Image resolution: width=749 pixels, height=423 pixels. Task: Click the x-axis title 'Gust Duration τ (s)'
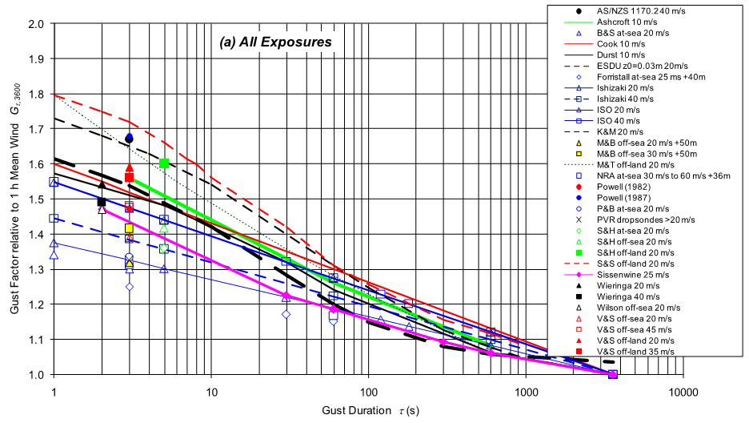tap(371, 411)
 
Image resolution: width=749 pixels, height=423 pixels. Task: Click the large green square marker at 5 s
tap(164, 163)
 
